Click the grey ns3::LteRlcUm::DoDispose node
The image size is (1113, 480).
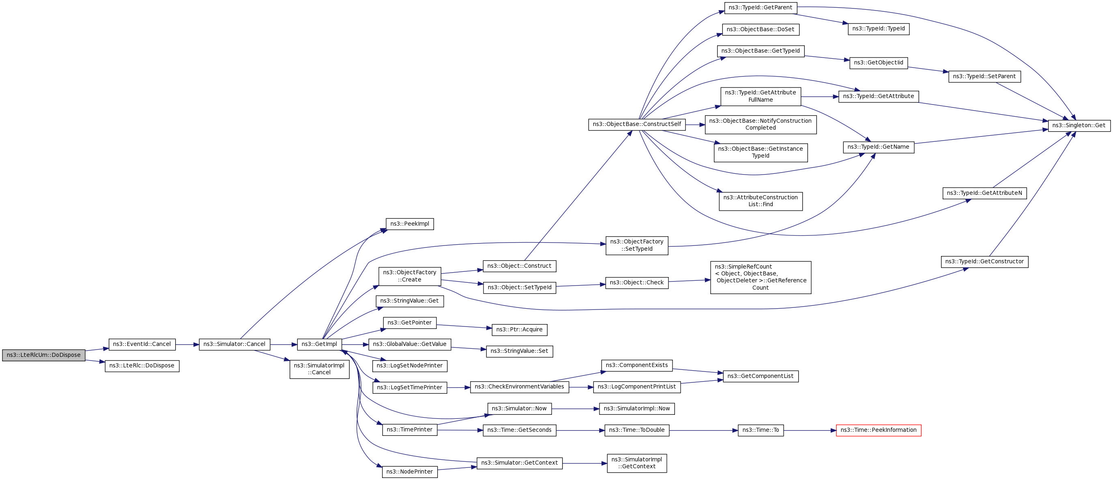pyautogui.click(x=44, y=355)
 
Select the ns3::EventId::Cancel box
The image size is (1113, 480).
pyautogui.click(x=142, y=344)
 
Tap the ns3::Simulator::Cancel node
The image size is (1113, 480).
pyautogui.click(x=234, y=344)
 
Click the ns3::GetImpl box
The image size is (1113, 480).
pyautogui.click(x=319, y=344)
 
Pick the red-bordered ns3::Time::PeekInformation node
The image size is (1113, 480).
pyautogui.click(x=879, y=430)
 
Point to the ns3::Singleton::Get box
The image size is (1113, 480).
pyautogui.click(x=1079, y=126)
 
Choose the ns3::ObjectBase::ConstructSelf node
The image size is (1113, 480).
pyautogui.click(x=636, y=124)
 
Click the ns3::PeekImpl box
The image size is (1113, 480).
pyautogui.click(x=410, y=224)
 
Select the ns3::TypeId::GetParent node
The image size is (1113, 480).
pyautogui.click(x=761, y=8)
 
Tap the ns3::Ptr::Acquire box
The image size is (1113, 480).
pyautogui.click(x=519, y=330)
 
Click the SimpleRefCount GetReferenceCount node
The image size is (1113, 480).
pyautogui.click(x=761, y=277)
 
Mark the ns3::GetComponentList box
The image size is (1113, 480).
pyautogui.click(x=761, y=376)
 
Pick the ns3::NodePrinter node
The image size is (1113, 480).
pyautogui.click(x=410, y=472)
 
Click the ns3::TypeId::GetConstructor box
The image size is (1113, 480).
pyautogui.click(x=984, y=262)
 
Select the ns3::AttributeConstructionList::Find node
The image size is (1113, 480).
pyautogui.click(x=761, y=201)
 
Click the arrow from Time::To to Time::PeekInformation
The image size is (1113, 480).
pyautogui.click(x=810, y=430)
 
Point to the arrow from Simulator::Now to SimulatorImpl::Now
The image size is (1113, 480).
pyautogui.click(x=575, y=409)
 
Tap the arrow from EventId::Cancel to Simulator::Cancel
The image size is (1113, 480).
pyautogui.click(x=187, y=344)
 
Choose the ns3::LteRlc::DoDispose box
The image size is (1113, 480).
pyautogui.click(x=142, y=366)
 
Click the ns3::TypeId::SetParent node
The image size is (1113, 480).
pyautogui.click(x=984, y=77)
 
